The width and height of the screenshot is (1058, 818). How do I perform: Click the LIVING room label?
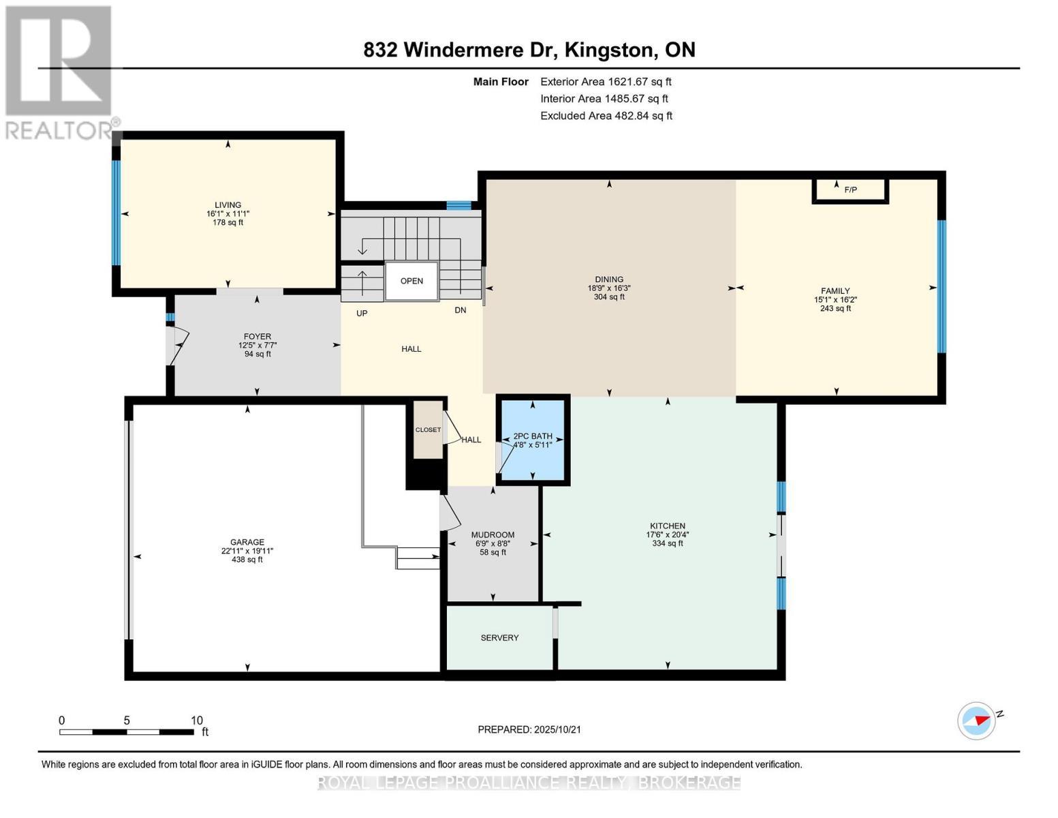click(x=228, y=204)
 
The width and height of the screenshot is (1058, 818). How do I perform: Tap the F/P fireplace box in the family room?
click(x=850, y=190)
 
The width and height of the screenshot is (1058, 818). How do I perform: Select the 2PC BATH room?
click(x=533, y=440)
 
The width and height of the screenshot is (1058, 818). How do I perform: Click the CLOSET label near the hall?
click(x=428, y=430)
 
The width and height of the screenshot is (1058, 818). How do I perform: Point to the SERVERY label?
click(x=499, y=638)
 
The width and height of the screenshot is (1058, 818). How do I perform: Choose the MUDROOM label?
click(x=493, y=535)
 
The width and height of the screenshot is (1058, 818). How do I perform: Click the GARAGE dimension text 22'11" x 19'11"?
click(x=247, y=551)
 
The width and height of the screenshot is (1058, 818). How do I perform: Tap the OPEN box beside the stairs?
click(x=411, y=281)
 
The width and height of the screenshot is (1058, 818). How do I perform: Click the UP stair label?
click(x=362, y=314)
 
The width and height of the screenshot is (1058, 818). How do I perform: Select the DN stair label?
click(x=461, y=310)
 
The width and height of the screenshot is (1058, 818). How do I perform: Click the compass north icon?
click(x=977, y=721)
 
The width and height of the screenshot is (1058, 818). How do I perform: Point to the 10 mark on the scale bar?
click(x=196, y=721)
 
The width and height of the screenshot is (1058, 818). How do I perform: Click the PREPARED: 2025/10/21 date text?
click(x=529, y=729)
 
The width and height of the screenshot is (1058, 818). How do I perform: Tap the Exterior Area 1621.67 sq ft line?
click(x=606, y=82)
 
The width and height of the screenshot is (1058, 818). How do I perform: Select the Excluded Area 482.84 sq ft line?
click(x=606, y=116)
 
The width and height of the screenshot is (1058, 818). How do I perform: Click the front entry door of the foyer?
click(x=176, y=345)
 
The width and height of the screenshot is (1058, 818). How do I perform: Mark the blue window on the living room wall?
click(x=116, y=213)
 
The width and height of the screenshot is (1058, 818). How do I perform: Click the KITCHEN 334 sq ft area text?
click(x=667, y=543)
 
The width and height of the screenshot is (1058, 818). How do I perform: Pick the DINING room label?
click(x=608, y=279)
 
